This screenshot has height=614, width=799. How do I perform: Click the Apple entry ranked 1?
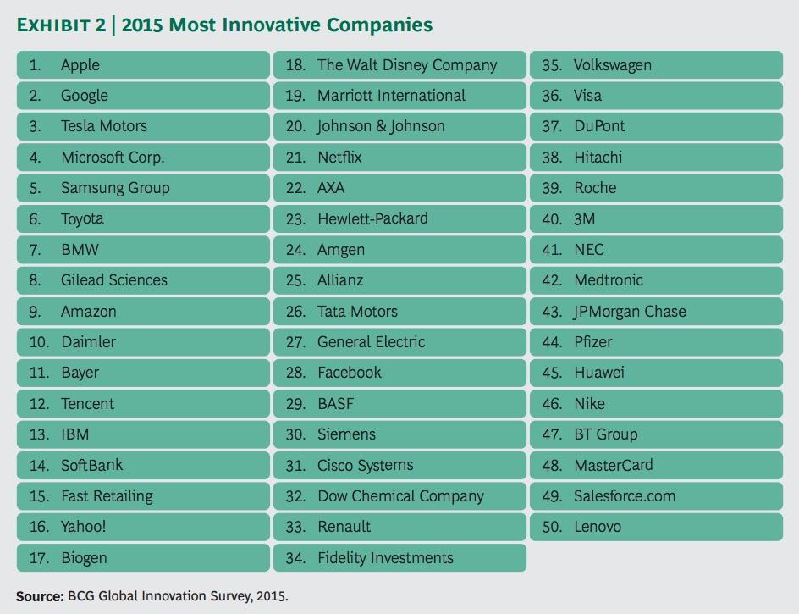pos(80,65)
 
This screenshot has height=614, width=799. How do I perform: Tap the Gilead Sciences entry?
pos(114,280)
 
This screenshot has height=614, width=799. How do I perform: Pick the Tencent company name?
pos(87,404)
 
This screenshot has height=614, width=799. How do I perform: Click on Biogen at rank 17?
pos(84,558)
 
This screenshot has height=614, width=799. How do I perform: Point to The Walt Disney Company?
pos(407,65)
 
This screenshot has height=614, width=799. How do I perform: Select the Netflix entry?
pos(339,158)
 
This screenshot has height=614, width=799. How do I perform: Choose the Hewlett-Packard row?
pos(372,218)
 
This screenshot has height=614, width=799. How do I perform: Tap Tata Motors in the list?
pos(357,312)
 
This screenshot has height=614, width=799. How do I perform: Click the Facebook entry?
pos(350,373)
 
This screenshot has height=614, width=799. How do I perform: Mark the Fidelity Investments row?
pos(385,558)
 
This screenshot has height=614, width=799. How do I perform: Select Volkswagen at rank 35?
pos(612,65)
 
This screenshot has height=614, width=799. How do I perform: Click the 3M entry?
pos(584,218)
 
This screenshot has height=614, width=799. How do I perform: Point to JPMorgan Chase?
pos(630,312)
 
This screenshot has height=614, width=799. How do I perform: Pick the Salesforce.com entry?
pos(625,496)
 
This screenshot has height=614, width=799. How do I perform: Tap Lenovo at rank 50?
pos(598,527)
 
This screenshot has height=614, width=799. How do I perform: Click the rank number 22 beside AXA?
pos(295,188)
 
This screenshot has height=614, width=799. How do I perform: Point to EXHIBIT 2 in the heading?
pos(61,25)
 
